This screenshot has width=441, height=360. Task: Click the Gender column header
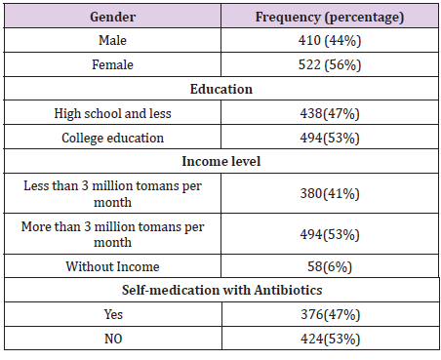pos(112,18)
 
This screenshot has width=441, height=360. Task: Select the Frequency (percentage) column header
pos(329,18)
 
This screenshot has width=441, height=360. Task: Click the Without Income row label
pos(112,266)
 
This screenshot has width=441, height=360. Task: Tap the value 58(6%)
pos(329,266)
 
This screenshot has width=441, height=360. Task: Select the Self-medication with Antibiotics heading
pos(220,290)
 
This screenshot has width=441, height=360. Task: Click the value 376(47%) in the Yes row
pos(329,314)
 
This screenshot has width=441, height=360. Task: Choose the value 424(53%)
pos(329,339)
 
